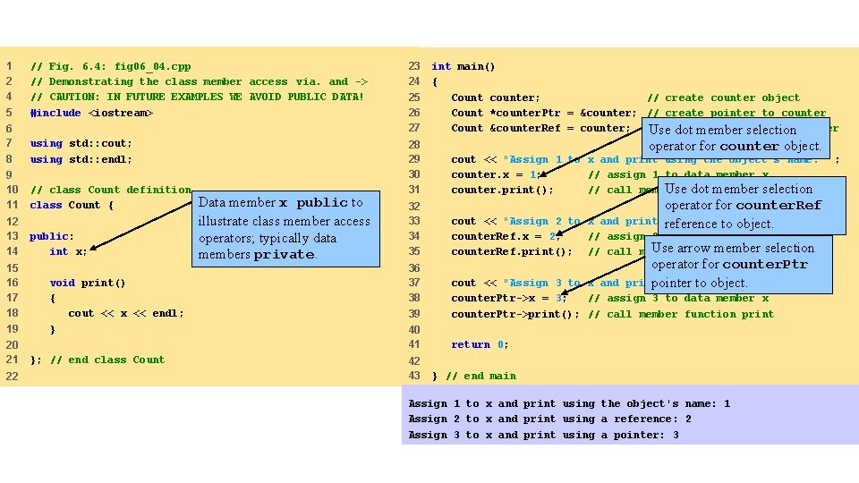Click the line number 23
[x=414, y=66]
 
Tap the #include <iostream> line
[x=91, y=113]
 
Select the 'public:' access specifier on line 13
[x=52, y=236]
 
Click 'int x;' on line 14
[x=69, y=251]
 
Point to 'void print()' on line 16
[x=88, y=283]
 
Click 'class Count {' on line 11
[x=72, y=205]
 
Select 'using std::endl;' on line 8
[x=81, y=159]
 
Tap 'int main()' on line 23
[x=464, y=66]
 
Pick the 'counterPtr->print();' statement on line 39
[x=515, y=314]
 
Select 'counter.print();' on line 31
[x=502, y=190]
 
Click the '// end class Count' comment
[x=107, y=360]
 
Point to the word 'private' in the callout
[x=284, y=255]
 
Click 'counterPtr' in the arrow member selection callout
[x=764, y=265]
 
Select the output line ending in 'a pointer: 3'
[x=543, y=435]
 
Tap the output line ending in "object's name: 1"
[x=569, y=403]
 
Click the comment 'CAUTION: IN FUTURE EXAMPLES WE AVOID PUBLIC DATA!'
[x=197, y=97]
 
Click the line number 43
[x=414, y=376]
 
